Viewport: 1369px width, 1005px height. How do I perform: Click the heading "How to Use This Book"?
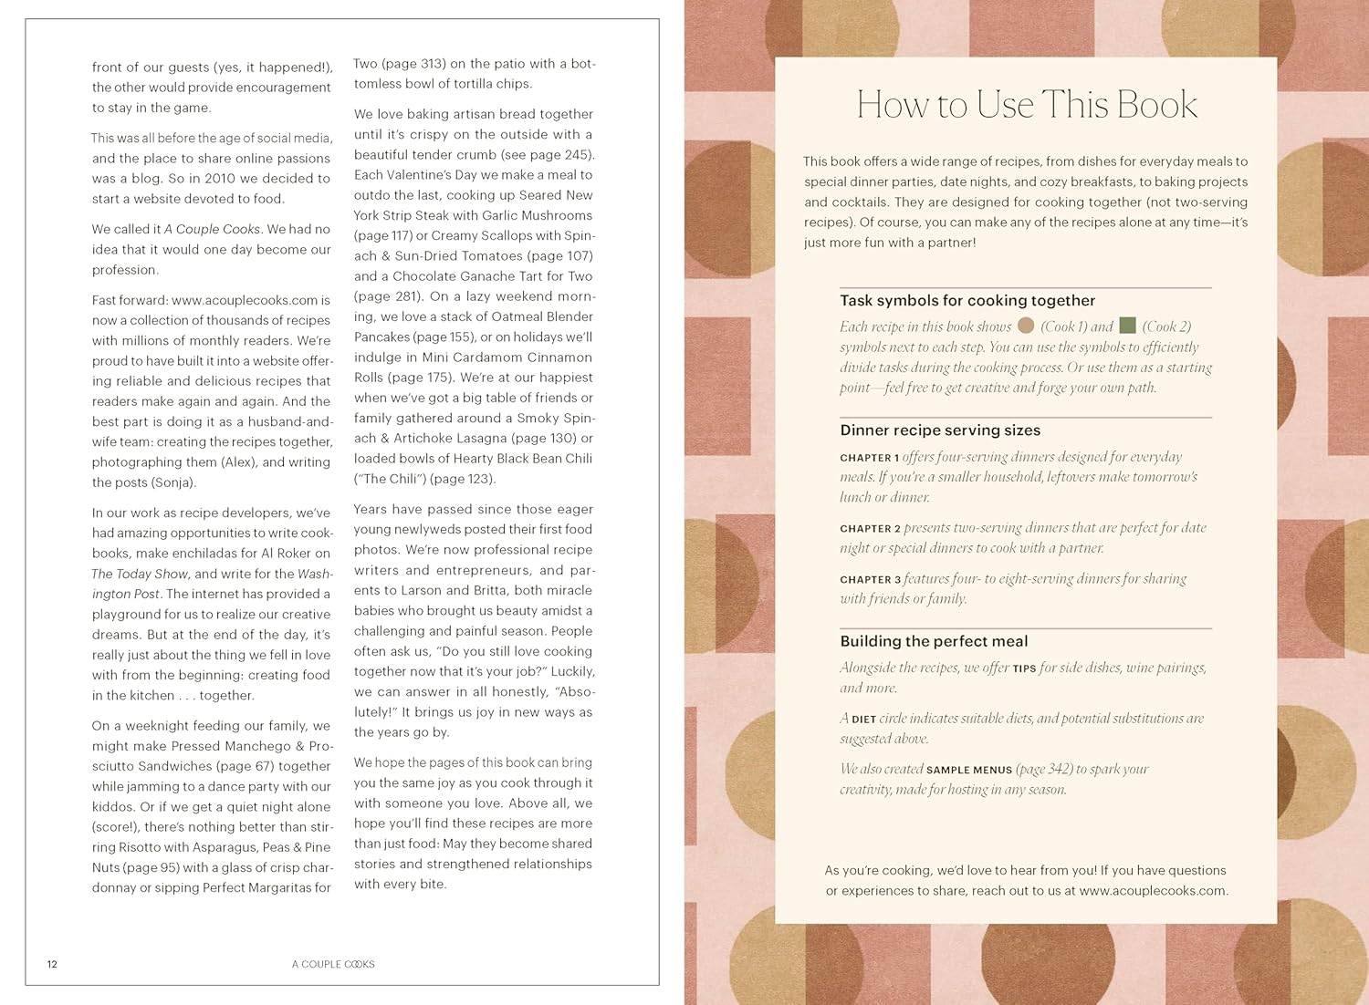coord(1027,105)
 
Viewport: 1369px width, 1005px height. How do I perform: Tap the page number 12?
coord(52,964)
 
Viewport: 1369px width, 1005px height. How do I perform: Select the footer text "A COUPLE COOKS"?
coord(333,964)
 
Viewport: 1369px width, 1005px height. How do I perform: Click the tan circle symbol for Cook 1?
coord(1026,326)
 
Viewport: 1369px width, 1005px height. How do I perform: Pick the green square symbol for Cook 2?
coord(1127,326)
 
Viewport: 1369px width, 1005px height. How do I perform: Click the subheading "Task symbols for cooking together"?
coord(967,301)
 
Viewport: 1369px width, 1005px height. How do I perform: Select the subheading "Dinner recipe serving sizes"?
coord(940,430)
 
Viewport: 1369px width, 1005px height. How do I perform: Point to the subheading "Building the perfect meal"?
coord(934,641)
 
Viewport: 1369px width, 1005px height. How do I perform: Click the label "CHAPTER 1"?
coord(869,458)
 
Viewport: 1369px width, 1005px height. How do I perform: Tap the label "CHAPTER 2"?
coord(870,529)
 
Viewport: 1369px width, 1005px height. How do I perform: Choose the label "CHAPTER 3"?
coord(870,580)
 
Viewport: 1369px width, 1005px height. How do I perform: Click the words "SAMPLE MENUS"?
coord(968,770)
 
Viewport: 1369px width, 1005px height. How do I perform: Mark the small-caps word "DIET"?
coord(863,720)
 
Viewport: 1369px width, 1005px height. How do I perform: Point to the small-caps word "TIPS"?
coord(1024,668)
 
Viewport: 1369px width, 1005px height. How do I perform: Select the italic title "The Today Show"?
coord(140,574)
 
